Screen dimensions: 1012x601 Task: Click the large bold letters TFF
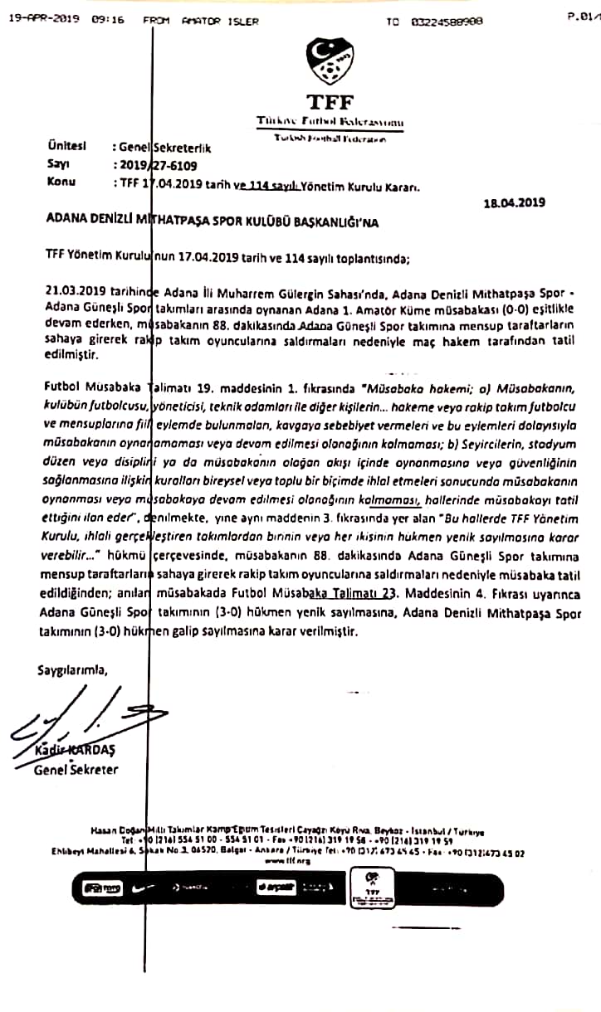(x=330, y=103)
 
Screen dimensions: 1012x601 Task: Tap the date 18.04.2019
(x=515, y=202)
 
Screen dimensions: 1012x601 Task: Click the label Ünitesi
(x=67, y=146)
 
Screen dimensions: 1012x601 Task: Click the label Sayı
(x=59, y=164)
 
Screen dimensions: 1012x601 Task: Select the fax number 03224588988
(x=447, y=22)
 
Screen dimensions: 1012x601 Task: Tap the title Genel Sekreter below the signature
(x=76, y=770)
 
